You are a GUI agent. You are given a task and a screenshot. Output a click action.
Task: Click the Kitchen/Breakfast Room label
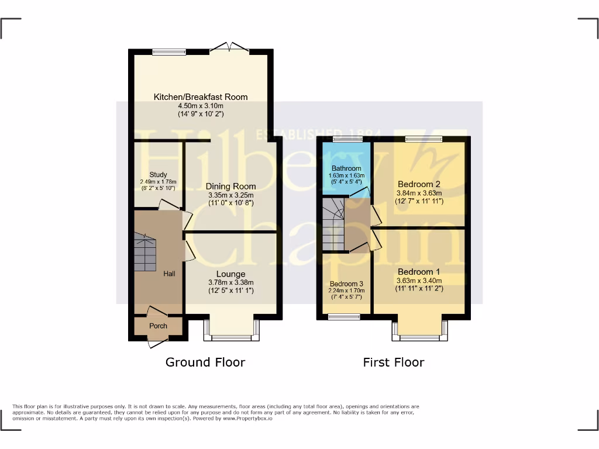pyautogui.click(x=201, y=97)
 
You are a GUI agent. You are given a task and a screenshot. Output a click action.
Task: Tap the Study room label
pyautogui.click(x=158, y=175)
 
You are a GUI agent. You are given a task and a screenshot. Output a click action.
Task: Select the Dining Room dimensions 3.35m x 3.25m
pyautogui.click(x=231, y=195)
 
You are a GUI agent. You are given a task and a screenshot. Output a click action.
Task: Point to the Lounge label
pyautogui.click(x=231, y=274)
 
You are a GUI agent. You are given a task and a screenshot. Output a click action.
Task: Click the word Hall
pyautogui.click(x=170, y=273)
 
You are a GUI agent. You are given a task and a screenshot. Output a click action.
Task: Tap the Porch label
pyautogui.click(x=158, y=326)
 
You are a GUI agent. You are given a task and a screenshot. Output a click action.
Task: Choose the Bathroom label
pyautogui.click(x=347, y=168)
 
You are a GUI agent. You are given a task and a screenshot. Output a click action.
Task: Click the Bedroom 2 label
pyautogui.click(x=419, y=184)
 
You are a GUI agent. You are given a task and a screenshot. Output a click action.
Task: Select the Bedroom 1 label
pyautogui.click(x=419, y=272)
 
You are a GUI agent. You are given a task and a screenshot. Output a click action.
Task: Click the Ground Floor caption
pyautogui.click(x=205, y=362)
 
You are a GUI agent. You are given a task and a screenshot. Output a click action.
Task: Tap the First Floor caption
pyautogui.click(x=394, y=362)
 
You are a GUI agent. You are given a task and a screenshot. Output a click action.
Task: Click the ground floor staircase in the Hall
pyautogui.click(x=145, y=253)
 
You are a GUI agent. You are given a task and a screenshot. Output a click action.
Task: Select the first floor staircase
pyautogui.click(x=333, y=224)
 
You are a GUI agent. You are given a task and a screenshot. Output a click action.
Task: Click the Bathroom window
pyautogui.click(x=347, y=139)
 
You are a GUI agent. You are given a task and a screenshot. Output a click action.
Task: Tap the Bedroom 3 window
pyautogui.click(x=344, y=317)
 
